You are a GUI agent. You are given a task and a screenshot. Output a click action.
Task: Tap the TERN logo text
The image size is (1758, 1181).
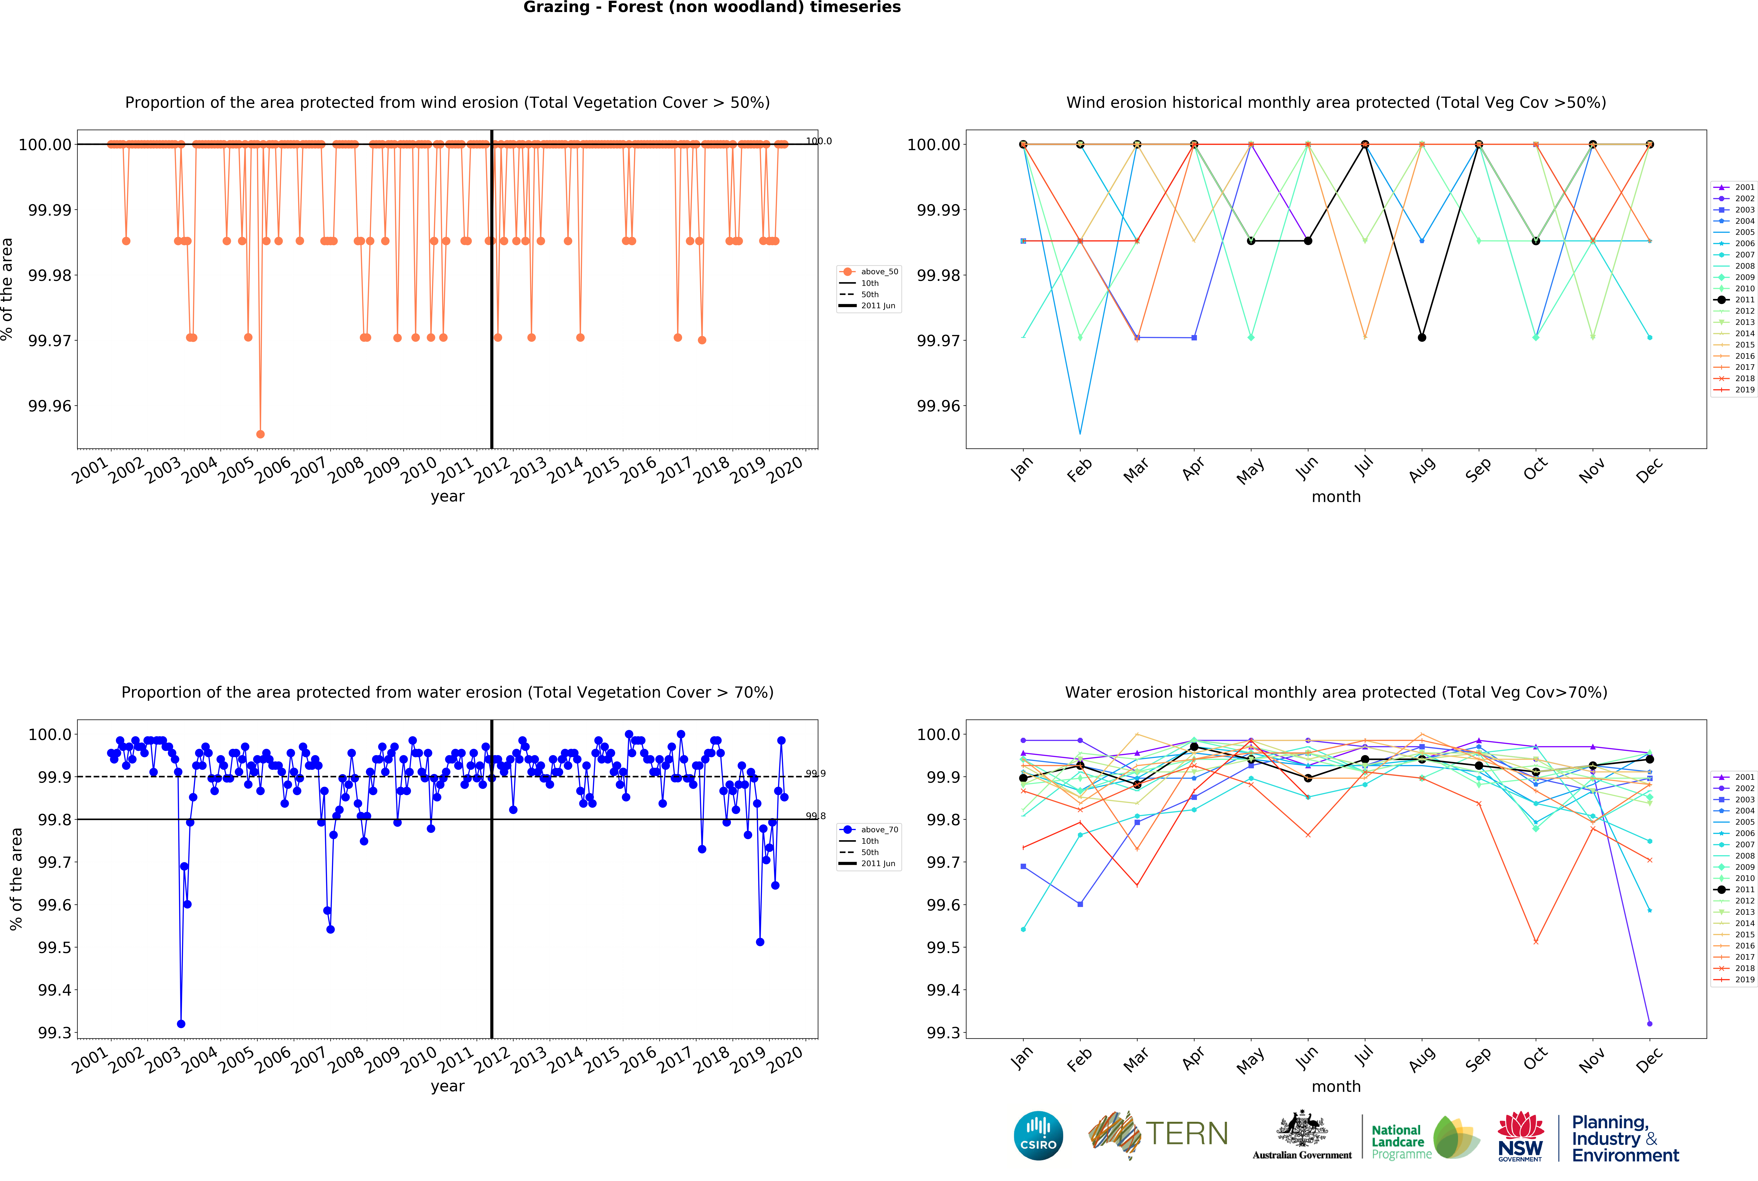tap(1187, 1133)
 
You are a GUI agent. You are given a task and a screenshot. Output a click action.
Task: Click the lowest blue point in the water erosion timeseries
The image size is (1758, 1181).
tap(181, 1024)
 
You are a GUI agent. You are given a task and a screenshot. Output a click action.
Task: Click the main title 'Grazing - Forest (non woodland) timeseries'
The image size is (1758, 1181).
tap(712, 8)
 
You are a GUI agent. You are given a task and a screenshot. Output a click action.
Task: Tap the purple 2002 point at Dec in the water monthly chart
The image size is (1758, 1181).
tap(1650, 1024)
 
